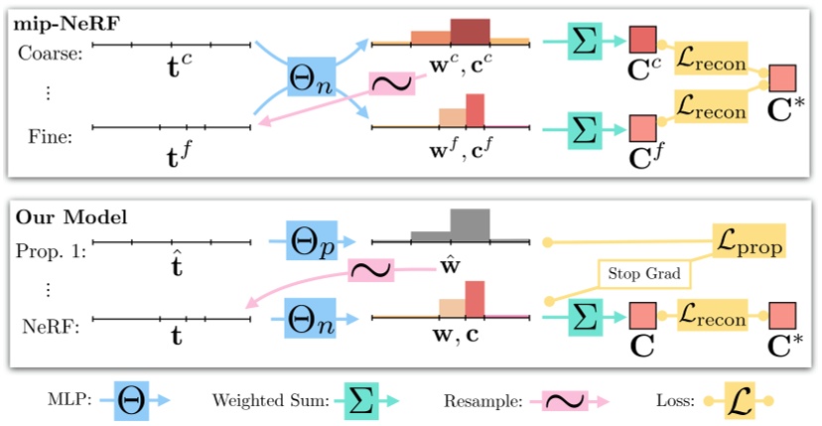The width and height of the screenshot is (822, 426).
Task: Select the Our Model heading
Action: tap(58, 215)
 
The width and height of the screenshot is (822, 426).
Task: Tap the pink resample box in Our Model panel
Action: tap(370, 271)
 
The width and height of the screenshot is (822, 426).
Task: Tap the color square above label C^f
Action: tap(643, 127)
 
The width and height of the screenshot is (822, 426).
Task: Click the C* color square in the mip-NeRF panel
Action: tap(783, 77)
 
